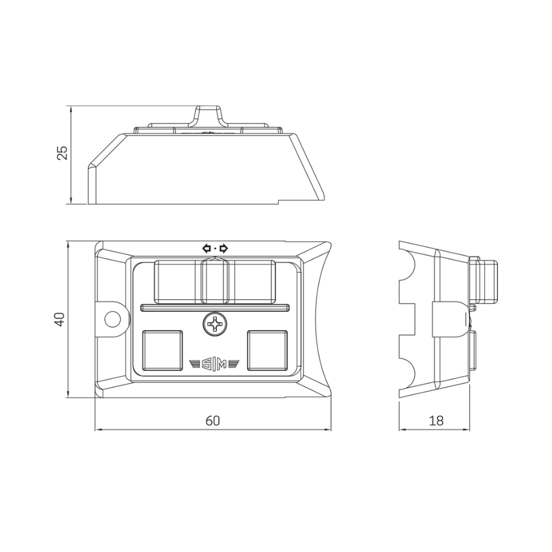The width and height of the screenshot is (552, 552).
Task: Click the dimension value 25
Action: pyautogui.click(x=62, y=152)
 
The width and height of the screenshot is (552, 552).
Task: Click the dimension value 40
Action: pyautogui.click(x=59, y=319)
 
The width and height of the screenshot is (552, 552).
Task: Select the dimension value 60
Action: pyautogui.click(x=213, y=420)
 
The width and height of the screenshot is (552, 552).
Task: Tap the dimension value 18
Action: pyautogui.click(x=436, y=420)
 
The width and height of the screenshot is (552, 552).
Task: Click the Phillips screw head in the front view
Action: pyautogui.click(x=215, y=324)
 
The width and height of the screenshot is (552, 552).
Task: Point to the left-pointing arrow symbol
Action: pyautogui.click(x=206, y=248)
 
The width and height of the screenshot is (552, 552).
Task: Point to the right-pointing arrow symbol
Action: pyautogui.click(x=224, y=248)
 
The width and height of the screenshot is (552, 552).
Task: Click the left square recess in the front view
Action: pyautogui.click(x=162, y=351)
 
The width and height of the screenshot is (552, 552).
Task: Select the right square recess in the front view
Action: pyautogui.click(x=267, y=351)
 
